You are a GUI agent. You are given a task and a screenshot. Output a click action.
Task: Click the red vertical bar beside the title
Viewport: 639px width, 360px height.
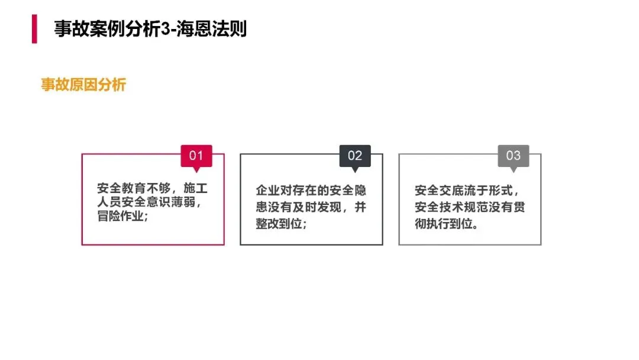click(x=34, y=29)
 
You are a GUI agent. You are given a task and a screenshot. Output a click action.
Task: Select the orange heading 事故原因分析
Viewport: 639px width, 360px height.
click(x=83, y=85)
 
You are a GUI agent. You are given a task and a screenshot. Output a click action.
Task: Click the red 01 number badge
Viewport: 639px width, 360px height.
click(x=196, y=156)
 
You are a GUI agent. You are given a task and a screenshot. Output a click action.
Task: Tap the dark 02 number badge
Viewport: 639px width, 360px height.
click(x=355, y=156)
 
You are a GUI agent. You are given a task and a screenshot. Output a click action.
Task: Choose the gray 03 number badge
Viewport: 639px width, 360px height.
click(x=514, y=156)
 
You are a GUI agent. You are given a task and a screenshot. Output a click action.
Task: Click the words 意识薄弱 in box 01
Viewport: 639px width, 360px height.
click(x=177, y=202)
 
